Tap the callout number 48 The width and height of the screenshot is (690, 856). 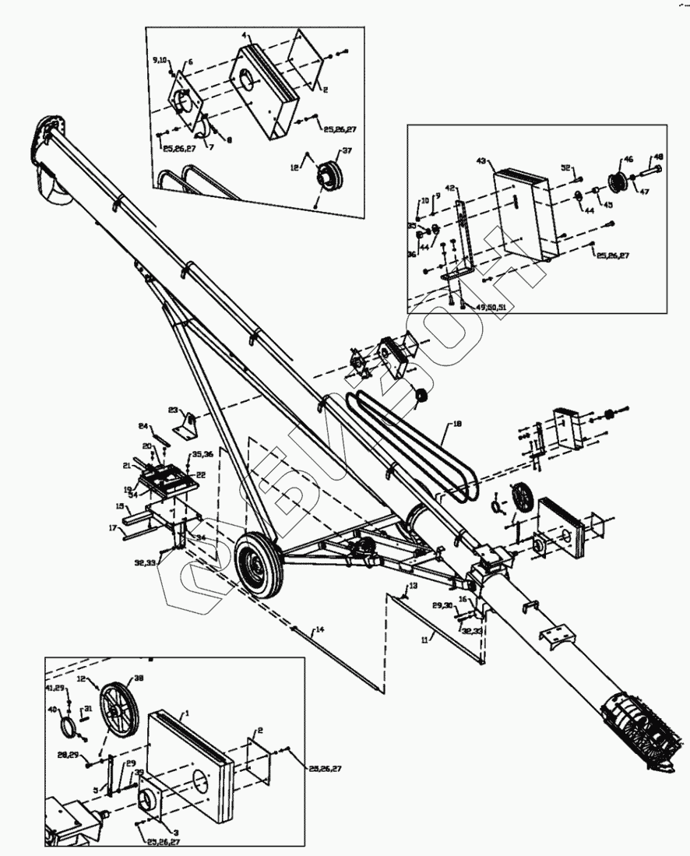point(658,157)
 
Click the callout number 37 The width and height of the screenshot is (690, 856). point(347,151)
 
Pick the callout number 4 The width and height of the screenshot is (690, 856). point(245,37)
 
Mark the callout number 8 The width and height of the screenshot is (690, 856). point(229,140)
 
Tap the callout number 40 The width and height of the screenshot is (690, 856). point(54,710)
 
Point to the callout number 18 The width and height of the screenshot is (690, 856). point(456,424)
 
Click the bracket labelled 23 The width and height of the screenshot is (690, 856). point(189,424)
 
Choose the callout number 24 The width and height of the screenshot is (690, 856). point(143,426)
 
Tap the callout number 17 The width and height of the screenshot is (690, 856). point(113,527)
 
